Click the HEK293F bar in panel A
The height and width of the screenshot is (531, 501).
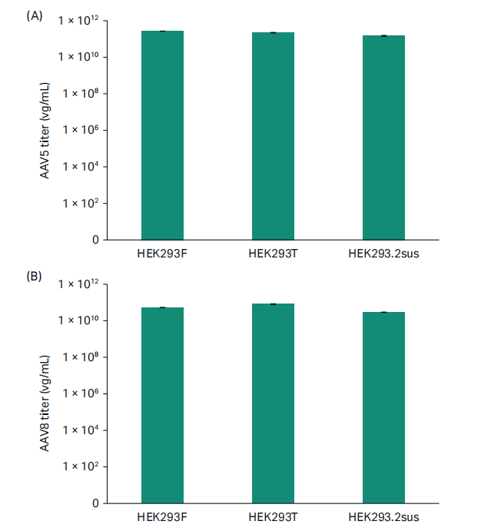[162, 135]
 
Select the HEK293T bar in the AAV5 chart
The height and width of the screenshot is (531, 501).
[273, 136]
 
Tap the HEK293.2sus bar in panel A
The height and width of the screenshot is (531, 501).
[383, 138]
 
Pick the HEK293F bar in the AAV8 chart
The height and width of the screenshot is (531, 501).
[162, 405]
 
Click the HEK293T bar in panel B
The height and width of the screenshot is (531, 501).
[273, 403]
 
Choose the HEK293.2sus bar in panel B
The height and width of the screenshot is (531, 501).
[383, 407]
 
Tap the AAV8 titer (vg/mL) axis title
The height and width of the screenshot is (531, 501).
[45, 400]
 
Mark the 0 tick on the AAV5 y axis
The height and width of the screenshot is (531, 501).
[95, 240]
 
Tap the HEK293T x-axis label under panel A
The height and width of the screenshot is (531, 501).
[273, 253]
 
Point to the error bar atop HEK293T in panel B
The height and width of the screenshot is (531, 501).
[273, 304]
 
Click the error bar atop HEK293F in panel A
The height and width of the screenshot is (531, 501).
[162, 31]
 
